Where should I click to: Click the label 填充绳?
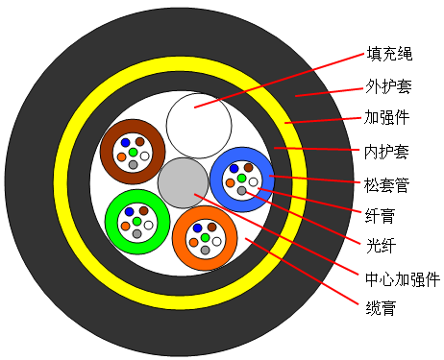point(389,54)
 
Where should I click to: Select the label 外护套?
point(388,85)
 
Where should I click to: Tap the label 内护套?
point(386,152)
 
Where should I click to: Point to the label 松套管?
point(386,185)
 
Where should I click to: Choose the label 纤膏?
point(380,216)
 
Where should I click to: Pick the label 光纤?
point(381,246)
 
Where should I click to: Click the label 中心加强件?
point(403,279)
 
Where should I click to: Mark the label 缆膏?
point(381,308)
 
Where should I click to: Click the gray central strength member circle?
point(183,182)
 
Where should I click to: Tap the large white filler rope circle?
point(199,126)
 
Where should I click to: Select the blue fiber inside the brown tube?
point(125,142)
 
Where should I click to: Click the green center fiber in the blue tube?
point(242,178)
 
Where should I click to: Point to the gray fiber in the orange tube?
point(206,251)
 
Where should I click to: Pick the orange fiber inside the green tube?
point(125,227)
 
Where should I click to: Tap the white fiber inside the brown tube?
point(145,156)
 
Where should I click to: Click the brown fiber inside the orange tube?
point(212,227)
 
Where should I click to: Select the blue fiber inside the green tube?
point(129,211)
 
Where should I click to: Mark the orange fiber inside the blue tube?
point(230,183)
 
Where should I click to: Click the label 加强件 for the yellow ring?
point(386,117)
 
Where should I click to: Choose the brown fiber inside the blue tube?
point(249,167)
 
